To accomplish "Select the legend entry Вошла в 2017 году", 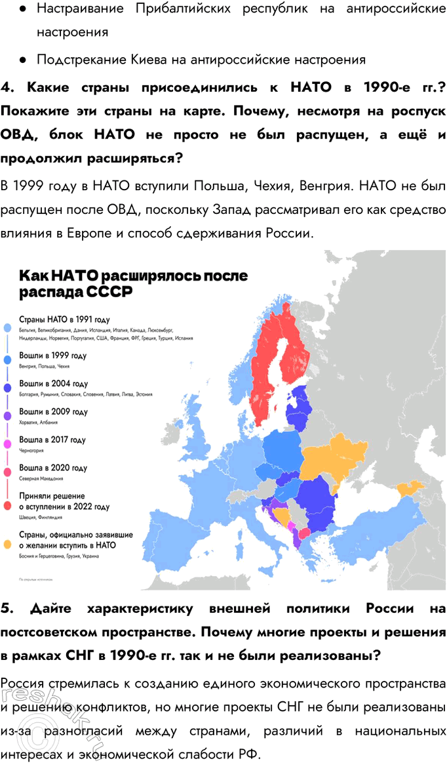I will [x=52, y=440].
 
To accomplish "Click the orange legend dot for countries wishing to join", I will [x=7, y=544].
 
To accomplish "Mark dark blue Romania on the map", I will [x=320, y=499].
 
